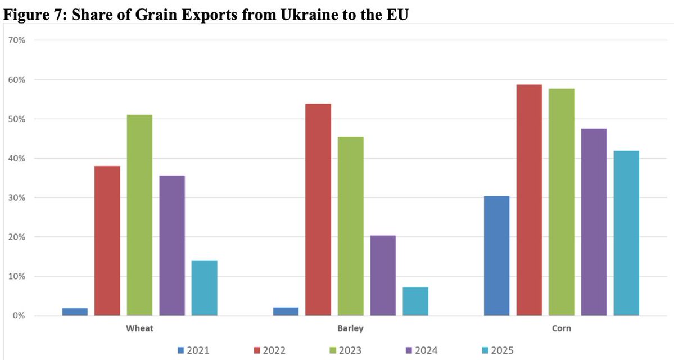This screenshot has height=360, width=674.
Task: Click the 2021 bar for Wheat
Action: coord(75,312)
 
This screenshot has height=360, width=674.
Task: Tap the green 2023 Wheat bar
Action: coord(139,215)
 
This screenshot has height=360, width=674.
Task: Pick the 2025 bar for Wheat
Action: coord(204,288)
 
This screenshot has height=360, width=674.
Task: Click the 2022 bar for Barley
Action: coord(318,209)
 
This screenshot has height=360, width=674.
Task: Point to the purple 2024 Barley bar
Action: coord(383,275)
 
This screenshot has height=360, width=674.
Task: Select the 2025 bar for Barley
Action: coord(415,301)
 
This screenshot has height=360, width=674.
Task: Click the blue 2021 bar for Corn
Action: coord(496,255)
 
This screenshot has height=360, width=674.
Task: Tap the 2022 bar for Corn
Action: coord(529,200)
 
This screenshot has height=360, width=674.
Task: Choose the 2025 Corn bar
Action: coord(626,233)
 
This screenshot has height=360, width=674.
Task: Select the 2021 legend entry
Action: coord(193,350)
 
